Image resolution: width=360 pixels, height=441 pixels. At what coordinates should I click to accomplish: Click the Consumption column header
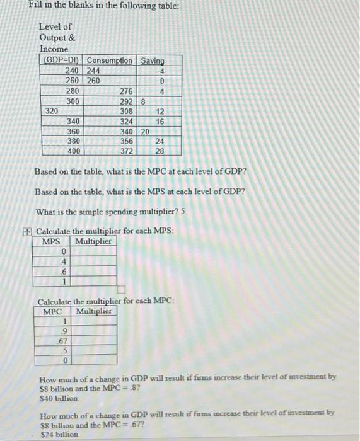click(x=110, y=60)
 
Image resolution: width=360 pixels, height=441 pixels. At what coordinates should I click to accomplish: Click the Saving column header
click(x=152, y=60)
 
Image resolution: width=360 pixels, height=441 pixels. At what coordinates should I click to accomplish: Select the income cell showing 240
click(x=73, y=71)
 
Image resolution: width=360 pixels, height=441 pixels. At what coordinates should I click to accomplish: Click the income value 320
click(x=52, y=111)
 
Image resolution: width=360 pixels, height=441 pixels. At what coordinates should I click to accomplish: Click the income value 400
click(x=73, y=151)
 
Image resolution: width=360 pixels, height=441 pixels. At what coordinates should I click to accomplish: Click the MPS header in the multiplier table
click(x=50, y=241)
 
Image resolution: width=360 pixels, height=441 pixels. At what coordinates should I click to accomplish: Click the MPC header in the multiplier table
click(x=52, y=312)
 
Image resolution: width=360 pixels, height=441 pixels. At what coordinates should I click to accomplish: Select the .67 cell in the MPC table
click(x=62, y=341)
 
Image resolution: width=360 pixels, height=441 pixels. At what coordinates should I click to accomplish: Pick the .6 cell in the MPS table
click(x=62, y=272)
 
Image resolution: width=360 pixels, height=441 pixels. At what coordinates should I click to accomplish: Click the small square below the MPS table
click(x=122, y=290)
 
